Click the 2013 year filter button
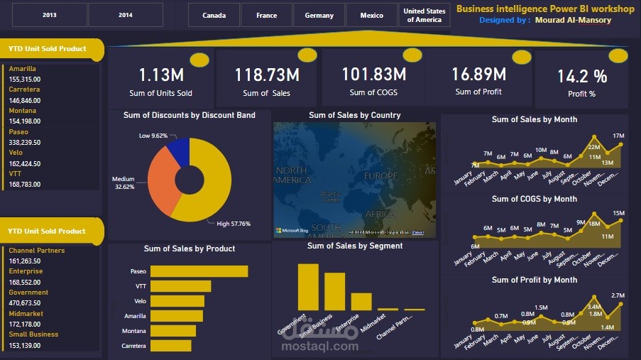50,15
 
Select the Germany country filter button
319,15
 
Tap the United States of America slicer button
424,15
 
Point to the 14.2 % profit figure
581,77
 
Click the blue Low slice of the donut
178,151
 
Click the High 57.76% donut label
233,224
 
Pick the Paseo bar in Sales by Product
199,271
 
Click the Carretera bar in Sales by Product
170,346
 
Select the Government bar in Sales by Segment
308,286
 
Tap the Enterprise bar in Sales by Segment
361,301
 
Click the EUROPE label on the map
381,175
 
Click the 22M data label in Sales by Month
593,147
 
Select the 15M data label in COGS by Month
618,213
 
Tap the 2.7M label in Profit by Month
618,295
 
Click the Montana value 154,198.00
25,121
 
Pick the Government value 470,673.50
25,303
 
